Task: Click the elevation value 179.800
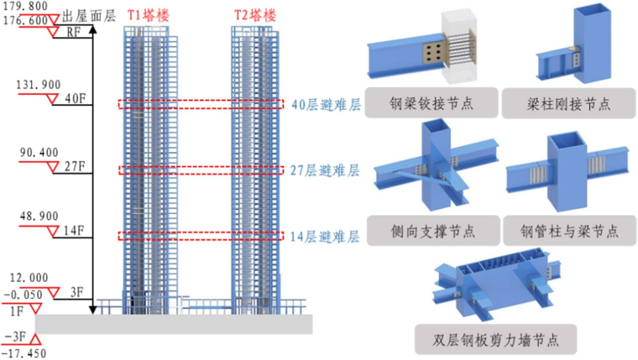click(29, 6)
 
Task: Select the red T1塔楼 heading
click(147, 14)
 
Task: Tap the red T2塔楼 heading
click(255, 14)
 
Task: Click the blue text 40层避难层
click(326, 105)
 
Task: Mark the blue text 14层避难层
click(326, 237)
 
